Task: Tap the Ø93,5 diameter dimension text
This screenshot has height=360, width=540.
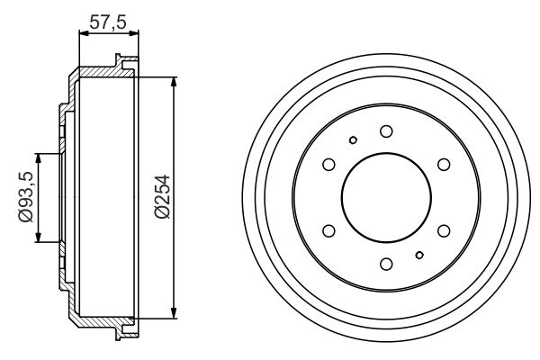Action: tap(25, 196)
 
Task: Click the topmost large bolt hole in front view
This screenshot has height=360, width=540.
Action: tap(386, 131)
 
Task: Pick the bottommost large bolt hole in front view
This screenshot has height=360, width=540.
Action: tap(386, 264)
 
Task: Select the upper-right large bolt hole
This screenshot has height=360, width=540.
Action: tap(444, 165)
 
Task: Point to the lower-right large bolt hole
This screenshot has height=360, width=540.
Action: tap(444, 230)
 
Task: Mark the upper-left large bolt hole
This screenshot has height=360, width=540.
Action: tap(328, 165)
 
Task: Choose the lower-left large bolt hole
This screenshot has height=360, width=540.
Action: tap(328, 230)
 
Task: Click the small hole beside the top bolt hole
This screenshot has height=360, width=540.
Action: tap(354, 139)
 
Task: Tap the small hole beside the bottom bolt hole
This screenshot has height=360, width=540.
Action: tap(419, 256)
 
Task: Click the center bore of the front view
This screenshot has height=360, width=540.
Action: tap(386, 197)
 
